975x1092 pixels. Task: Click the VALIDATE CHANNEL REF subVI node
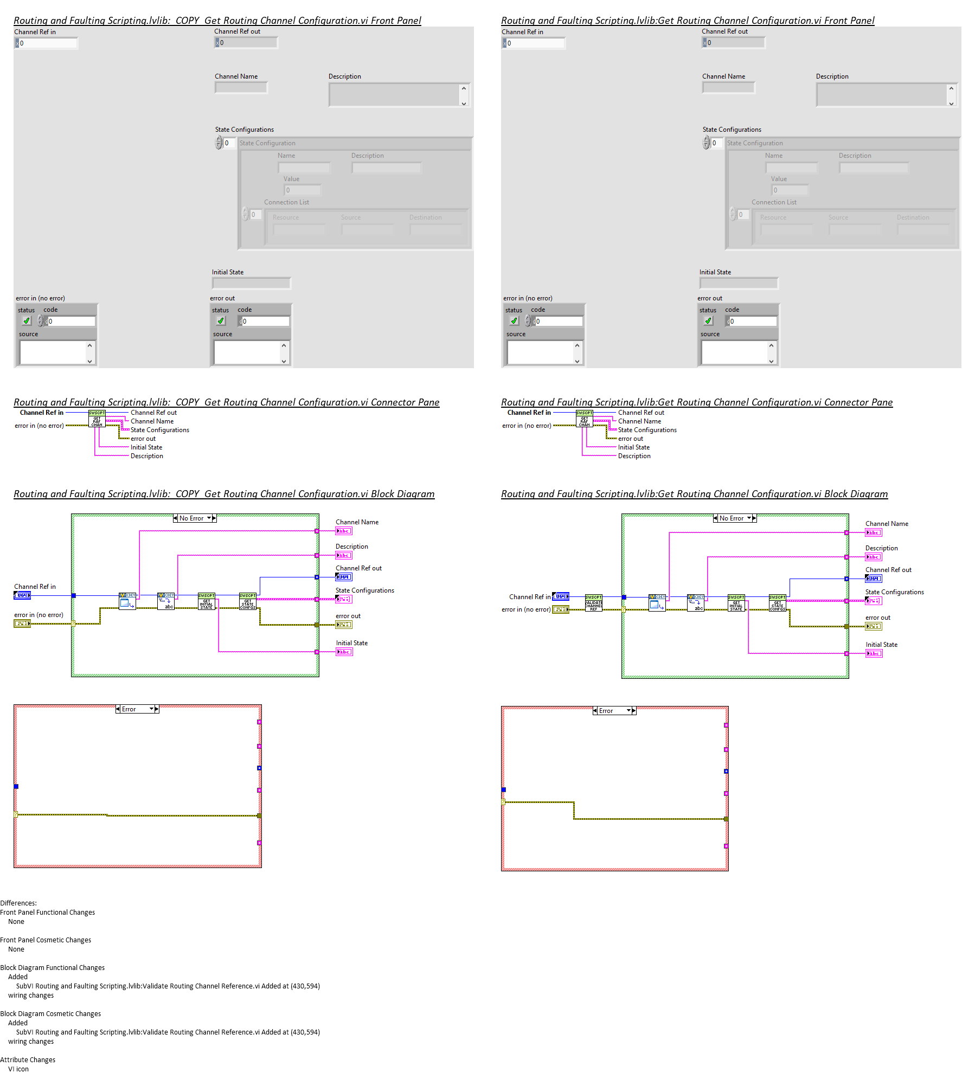coord(593,603)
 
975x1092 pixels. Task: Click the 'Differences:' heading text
coord(18,903)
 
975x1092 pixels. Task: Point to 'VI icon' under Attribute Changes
coord(18,1069)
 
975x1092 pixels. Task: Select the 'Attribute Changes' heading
coord(28,1059)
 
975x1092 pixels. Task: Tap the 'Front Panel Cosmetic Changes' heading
coord(46,940)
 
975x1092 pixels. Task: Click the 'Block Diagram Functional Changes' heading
coord(52,967)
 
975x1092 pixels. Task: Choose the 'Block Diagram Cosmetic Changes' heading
coord(50,1013)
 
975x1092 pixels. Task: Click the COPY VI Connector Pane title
coord(226,402)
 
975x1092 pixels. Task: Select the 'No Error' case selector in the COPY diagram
coord(194,518)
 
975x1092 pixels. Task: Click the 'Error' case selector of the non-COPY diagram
coord(614,711)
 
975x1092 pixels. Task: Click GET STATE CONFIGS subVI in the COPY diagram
coord(248,601)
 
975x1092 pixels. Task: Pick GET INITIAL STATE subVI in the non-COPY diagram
coord(736,603)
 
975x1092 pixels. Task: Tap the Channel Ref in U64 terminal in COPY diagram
coord(22,595)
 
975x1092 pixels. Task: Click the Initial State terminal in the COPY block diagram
coord(344,652)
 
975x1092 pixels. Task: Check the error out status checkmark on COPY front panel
coord(221,321)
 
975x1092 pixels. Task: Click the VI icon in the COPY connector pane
coord(97,419)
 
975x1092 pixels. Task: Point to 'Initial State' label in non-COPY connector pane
coord(633,447)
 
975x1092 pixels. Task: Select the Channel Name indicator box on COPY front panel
coord(241,88)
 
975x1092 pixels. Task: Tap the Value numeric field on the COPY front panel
coord(303,190)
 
